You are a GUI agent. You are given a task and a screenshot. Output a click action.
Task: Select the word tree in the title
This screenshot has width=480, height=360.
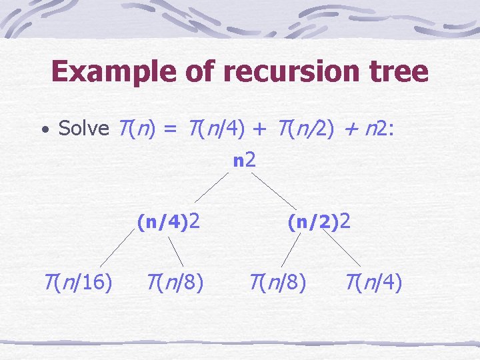396,71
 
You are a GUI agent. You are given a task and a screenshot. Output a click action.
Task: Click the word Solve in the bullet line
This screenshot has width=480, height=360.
83,128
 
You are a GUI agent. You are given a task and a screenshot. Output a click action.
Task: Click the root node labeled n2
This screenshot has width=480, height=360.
245,160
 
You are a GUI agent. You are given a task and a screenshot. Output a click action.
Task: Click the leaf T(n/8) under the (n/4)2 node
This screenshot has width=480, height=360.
175,283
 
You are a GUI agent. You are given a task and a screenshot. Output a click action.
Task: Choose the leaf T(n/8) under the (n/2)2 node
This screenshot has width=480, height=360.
278,283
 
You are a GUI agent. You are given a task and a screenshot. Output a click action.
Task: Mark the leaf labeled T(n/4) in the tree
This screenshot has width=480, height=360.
374,283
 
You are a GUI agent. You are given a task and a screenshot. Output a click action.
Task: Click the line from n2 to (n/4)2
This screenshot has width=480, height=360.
213,187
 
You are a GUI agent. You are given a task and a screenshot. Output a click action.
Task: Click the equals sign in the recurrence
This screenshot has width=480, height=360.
169,129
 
